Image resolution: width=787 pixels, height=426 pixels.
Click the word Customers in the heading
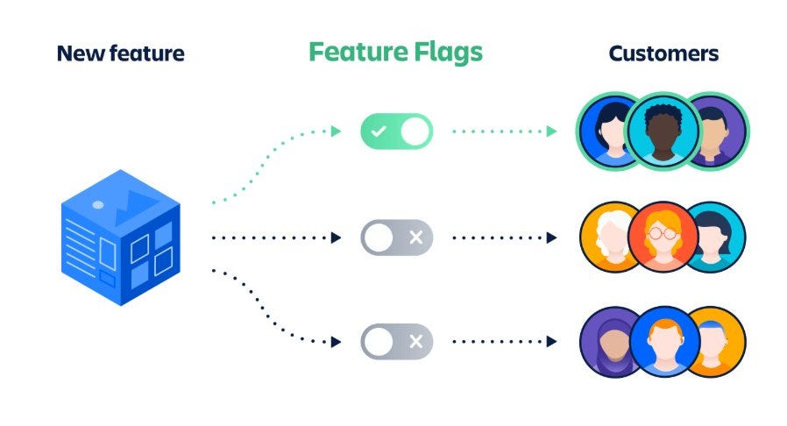tap(663, 53)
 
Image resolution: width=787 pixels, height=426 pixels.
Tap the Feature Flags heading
tap(395, 52)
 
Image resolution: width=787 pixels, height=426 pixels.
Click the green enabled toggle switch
tap(396, 131)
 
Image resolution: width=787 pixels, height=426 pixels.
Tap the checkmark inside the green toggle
tap(379, 131)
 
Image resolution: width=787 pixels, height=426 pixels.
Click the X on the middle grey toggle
tap(415, 237)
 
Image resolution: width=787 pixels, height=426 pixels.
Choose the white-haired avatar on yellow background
tap(611, 237)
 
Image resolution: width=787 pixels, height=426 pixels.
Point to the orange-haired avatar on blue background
tap(663, 342)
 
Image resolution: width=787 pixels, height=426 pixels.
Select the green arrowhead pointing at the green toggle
tap(337, 131)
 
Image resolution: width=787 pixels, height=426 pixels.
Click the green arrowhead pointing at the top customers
tap(551, 131)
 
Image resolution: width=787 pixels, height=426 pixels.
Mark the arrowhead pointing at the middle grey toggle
tap(337, 237)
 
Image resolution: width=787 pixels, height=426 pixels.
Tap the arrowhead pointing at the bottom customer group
tap(551, 342)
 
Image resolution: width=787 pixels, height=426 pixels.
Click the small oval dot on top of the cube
tap(98, 204)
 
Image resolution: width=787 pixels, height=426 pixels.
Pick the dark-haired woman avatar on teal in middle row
tap(715, 237)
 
